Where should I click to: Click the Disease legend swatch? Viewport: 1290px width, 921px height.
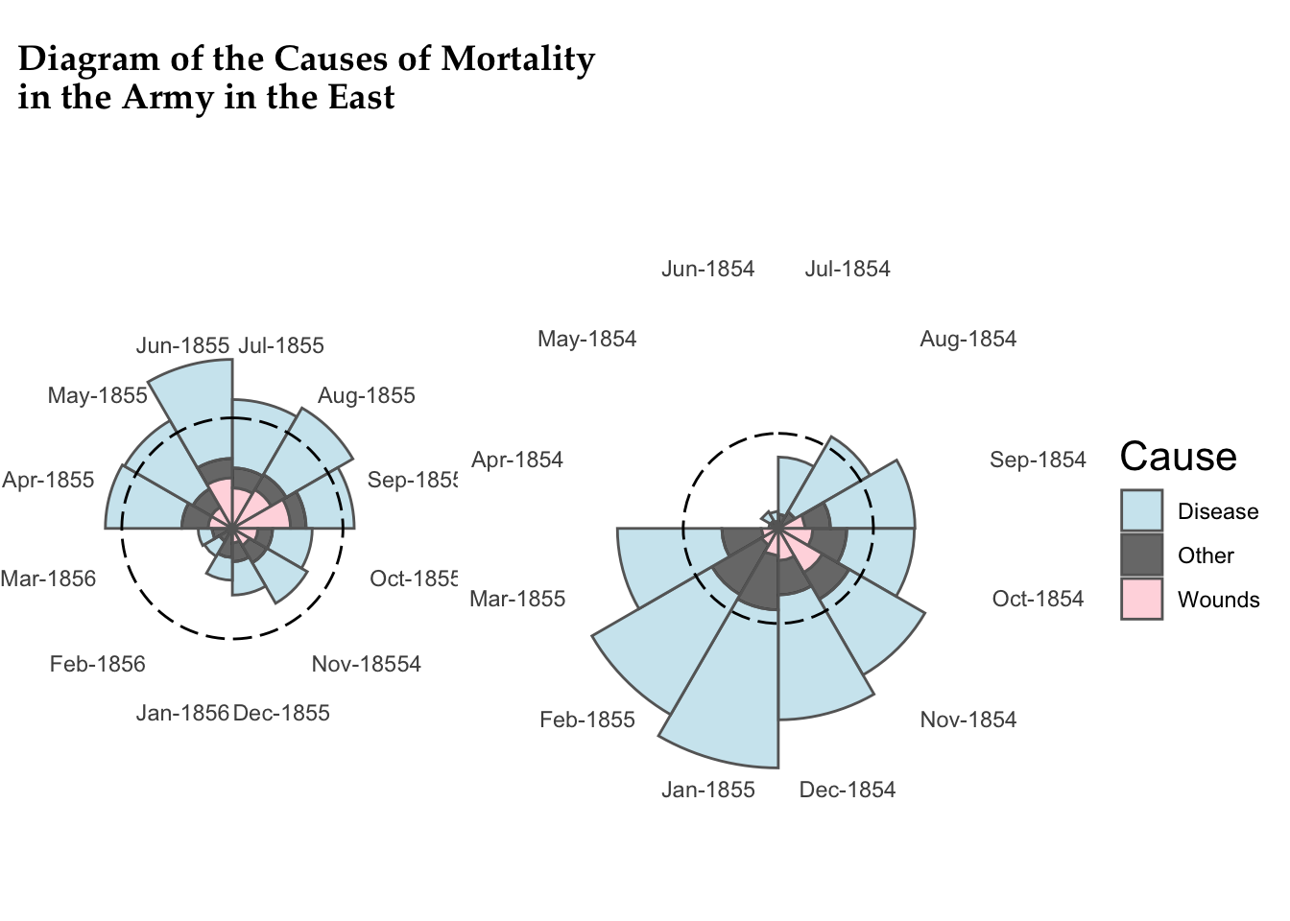point(1141,510)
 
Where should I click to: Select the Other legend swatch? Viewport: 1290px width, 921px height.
point(1141,555)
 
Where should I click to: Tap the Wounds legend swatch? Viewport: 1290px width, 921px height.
point(1141,599)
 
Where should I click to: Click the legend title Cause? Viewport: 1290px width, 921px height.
point(1178,457)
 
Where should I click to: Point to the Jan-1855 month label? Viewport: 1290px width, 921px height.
point(707,790)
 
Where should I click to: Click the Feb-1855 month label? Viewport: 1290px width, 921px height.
point(587,720)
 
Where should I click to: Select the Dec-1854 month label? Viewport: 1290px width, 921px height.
point(847,790)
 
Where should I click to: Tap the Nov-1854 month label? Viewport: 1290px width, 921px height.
point(967,720)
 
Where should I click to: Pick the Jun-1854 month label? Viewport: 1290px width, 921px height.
point(707,269)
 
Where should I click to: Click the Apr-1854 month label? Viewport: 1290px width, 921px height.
point(516,460)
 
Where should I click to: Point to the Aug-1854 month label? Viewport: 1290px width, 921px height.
point(967,339)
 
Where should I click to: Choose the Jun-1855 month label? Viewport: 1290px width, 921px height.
point(182,345)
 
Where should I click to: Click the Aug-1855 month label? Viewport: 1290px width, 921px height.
point(366,395)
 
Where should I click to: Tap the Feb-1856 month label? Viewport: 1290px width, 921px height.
point(97,664)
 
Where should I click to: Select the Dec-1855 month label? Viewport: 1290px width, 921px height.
point(281,713)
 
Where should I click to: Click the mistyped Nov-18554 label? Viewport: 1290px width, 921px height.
point(366,664)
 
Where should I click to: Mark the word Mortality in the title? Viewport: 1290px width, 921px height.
point(517,59)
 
